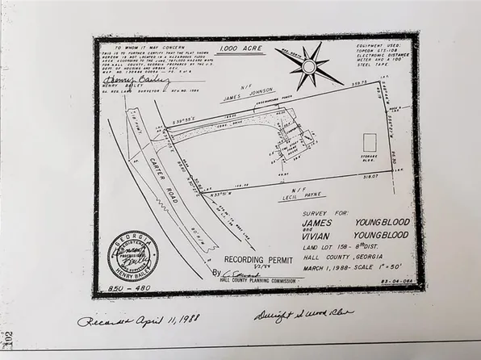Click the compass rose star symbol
click(310, 66)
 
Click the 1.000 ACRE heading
click(240, 48)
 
